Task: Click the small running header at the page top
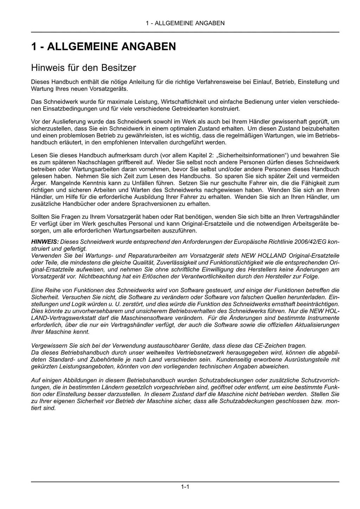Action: point(185,23)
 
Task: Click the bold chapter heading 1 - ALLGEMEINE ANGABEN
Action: point(103,46)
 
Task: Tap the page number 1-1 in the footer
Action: point(185,487)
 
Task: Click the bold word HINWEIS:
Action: point(45,242)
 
